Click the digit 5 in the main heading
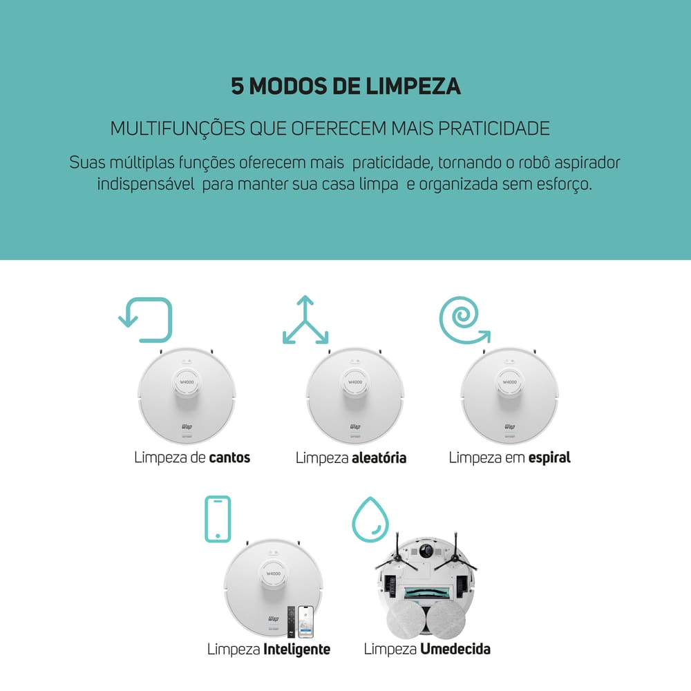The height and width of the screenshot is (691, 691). [x=237, y=86]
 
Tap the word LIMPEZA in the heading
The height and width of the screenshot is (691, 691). [x=413, y=86]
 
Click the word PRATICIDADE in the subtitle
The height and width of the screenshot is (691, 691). [x=494, y=129]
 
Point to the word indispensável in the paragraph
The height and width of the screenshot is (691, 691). [x=146, y=184]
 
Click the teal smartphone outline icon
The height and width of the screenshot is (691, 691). [x=206, y=519]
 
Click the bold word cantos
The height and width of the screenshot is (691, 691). [x=229, y=457]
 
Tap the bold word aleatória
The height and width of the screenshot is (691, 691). [x=379, y=457]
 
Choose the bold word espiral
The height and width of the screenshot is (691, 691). [x=549, y=458]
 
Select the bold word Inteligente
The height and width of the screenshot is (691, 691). [x=296, y=649]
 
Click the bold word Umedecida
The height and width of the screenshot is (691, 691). [x=455, y=649]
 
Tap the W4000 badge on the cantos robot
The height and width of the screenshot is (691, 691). [x=187, y=382]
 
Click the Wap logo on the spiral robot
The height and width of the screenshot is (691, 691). [x=509, y=426]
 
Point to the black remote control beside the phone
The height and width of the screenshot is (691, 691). [x=292, y=621]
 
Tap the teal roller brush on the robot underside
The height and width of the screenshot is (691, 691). [x=426, y=592]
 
